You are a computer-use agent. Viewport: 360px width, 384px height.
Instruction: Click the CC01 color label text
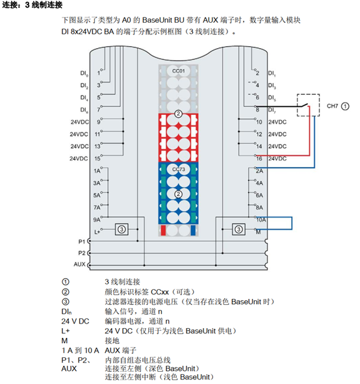point(178,71)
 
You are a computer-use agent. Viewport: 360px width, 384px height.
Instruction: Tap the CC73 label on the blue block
point(178,169)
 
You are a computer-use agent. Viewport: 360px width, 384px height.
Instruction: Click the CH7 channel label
point(332,106)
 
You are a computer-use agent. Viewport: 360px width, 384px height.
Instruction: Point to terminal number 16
point(259,159)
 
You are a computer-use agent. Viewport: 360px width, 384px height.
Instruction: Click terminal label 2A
point(259,171)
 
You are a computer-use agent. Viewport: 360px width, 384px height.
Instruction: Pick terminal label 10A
point(261,220)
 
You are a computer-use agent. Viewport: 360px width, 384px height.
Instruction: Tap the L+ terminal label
point(97,232)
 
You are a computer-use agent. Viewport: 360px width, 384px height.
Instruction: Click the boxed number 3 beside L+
point(122,229)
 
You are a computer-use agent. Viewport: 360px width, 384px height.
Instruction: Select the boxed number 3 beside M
point(238,229)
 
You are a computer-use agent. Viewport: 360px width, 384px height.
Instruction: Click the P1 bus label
point(81,242)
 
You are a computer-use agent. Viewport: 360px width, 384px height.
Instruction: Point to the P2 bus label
point(82,253)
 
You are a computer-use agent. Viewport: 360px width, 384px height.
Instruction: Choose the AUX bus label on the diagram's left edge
point(79,264)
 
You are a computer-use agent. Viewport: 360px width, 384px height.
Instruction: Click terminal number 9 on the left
point(99,122)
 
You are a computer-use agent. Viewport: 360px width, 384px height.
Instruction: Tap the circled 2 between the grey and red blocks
point(178,114)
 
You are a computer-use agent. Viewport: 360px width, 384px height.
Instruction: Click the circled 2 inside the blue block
point(178,194)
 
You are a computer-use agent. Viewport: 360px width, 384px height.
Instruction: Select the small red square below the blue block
point(163,230)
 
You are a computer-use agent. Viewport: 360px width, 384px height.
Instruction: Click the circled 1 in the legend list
point(66,281)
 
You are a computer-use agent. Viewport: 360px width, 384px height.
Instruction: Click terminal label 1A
point(97,171)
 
